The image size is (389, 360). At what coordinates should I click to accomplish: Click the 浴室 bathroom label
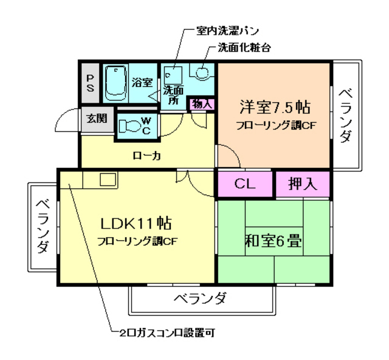pos(142,83)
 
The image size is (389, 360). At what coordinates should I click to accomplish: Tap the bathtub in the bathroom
pos(115,84)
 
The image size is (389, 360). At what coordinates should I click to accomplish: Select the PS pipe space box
pos(89,83)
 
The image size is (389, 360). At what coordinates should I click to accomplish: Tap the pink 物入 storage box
pos(202,103)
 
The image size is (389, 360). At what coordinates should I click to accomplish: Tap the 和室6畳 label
pos(274,241)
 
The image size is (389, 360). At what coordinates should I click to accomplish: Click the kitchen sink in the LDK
pos(108,180)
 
